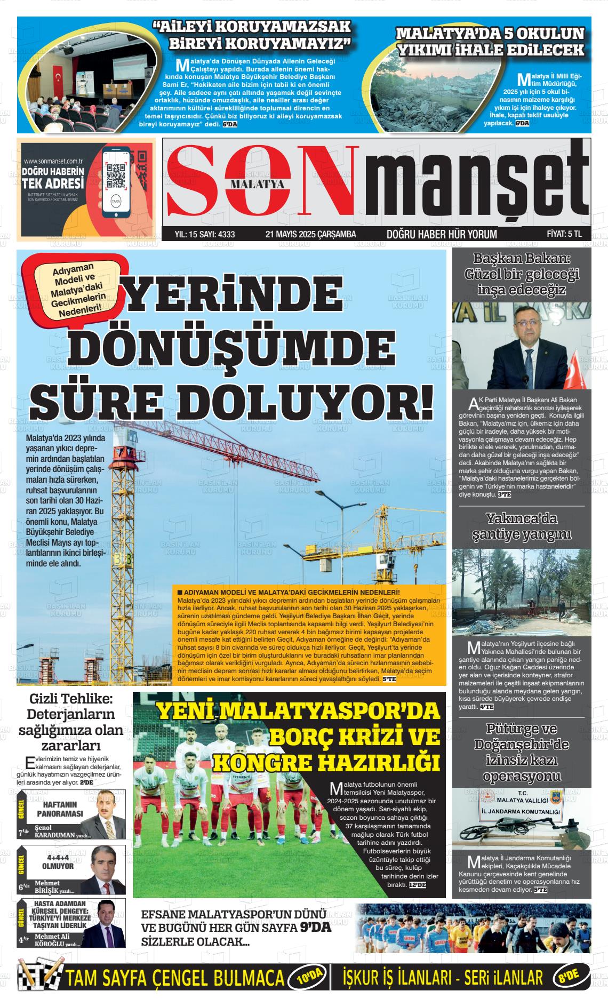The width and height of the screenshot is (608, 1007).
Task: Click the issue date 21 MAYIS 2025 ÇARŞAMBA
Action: coord(310,234)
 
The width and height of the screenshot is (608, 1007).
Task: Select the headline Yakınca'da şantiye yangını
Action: coord(522,526)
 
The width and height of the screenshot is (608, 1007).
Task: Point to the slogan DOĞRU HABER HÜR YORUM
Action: coord(442,234)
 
